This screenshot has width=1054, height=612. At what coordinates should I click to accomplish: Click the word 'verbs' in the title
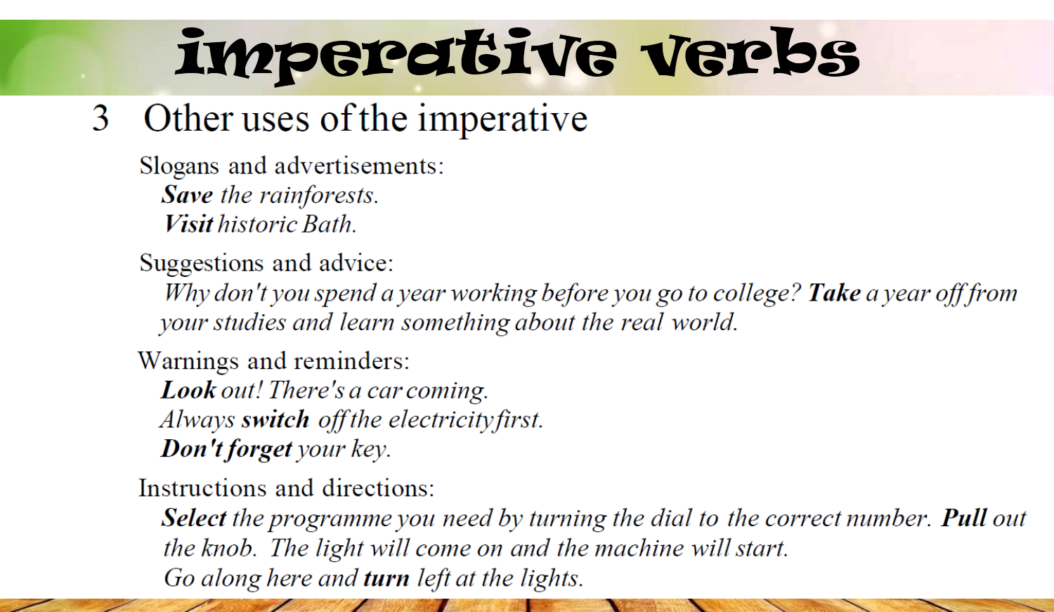750,53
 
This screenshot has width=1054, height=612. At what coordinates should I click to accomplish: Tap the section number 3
100,118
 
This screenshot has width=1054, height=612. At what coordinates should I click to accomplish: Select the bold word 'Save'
188,195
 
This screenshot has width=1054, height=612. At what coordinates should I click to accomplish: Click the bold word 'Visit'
188,224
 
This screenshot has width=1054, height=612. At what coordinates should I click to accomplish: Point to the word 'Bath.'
330,224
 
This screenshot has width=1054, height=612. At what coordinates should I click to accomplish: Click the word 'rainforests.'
319,195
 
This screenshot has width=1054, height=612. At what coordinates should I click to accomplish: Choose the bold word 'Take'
834,293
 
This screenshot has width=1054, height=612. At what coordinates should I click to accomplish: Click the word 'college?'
757,294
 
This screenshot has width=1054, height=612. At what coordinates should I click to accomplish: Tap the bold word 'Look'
189,390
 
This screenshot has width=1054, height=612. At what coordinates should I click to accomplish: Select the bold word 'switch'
275,419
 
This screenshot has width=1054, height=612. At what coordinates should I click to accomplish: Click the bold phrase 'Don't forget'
227,449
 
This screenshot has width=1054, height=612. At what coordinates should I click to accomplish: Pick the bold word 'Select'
194,518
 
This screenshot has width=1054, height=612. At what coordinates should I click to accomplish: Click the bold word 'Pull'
963,518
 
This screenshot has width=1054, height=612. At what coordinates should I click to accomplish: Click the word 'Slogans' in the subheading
179,167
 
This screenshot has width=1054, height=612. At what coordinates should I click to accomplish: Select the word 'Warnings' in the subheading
188,361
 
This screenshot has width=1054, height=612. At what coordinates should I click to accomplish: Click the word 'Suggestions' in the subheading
202,263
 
